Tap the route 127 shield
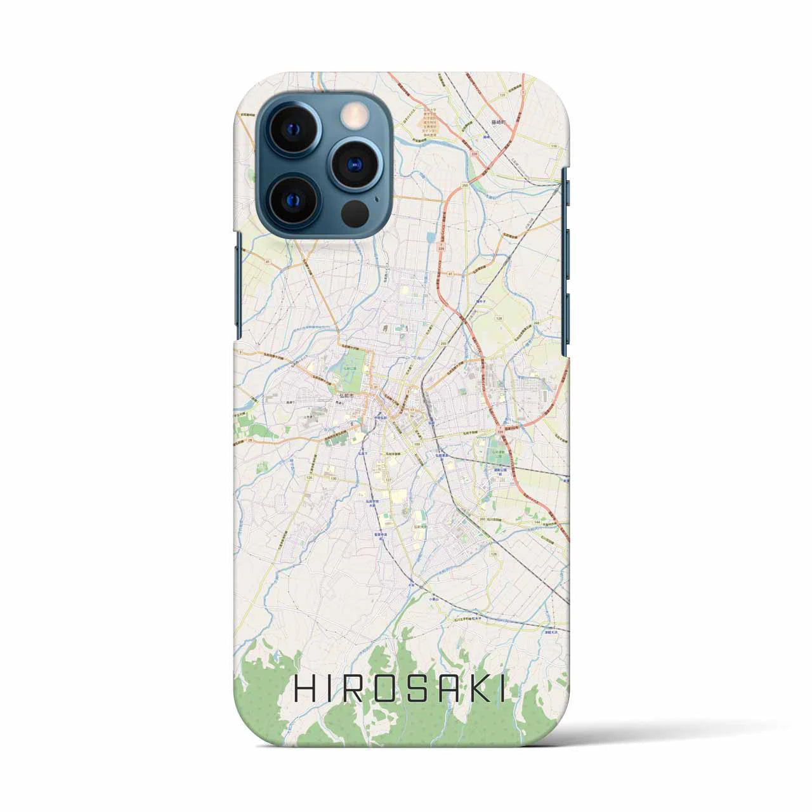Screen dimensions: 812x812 coord(386,480)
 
